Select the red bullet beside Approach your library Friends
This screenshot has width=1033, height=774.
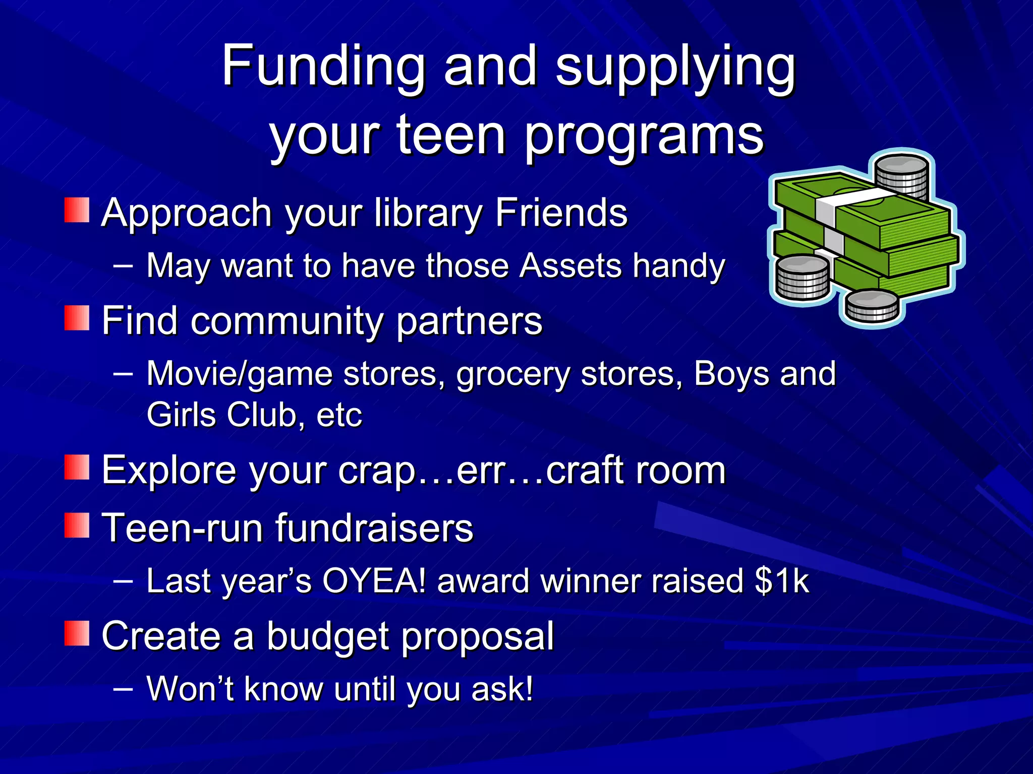77,210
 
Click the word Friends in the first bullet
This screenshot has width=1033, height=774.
561,213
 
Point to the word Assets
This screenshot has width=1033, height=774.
570,266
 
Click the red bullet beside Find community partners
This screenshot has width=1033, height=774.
77,318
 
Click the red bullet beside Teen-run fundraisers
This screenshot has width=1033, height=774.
77,526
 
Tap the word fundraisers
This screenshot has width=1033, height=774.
374,529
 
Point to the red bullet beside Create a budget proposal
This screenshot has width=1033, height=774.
77,633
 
